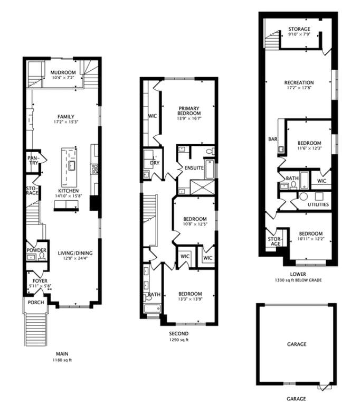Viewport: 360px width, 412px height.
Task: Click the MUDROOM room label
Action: click(63, 72)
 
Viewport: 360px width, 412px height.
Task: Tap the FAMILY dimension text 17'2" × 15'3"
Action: click(66, 122)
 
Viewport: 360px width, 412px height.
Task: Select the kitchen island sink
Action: click(71, 165)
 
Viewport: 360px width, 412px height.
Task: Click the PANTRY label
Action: click(33, 160)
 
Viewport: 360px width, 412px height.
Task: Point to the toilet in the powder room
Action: click(42, 257)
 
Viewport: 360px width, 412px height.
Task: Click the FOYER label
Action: click(40, 281)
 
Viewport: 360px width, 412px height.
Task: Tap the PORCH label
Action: click(36, 303)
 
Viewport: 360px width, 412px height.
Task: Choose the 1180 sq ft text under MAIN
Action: click(62, 360)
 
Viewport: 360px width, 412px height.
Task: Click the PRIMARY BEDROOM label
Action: click(189, 110)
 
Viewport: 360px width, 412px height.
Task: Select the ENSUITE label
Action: click(194, 168)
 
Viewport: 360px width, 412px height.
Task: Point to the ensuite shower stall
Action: click(203, 187)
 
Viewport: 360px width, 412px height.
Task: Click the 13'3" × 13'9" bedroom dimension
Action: click(191, 299)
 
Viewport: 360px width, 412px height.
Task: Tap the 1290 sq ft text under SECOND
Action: click(178, 340)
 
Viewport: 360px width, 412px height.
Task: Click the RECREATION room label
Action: click(299, 82)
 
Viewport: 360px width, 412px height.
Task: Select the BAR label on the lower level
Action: click(273, 139)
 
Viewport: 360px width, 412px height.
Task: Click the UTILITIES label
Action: click(318, 204)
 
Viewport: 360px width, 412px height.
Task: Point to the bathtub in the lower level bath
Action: click(304, 180)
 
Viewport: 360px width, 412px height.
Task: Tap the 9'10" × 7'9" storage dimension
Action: click(299, 34)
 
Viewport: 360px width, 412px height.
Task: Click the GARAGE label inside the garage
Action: click(297, 344)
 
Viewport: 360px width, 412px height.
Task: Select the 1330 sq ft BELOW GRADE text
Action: click(298, 280)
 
